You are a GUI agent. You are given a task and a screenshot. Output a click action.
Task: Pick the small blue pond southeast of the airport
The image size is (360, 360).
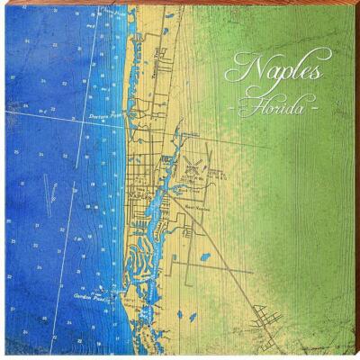(x=205, y=257)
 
